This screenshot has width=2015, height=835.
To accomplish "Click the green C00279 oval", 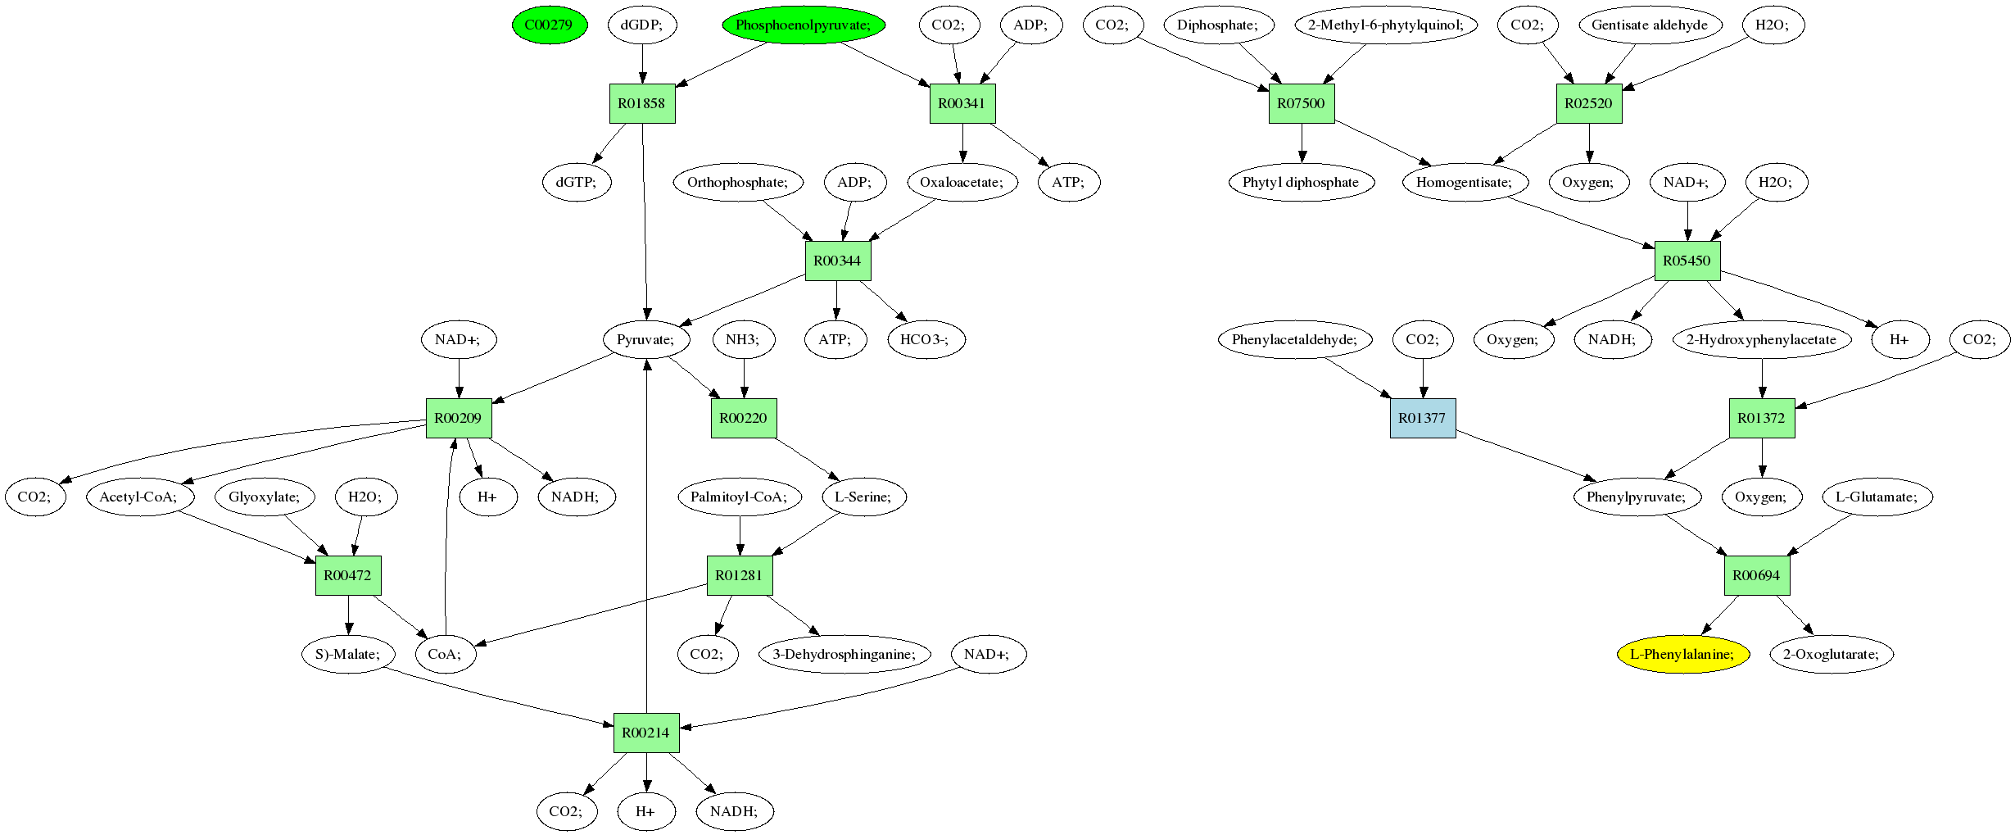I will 549,25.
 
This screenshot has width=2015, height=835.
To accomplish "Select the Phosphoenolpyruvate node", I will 803,25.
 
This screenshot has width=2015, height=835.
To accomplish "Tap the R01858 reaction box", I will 642,103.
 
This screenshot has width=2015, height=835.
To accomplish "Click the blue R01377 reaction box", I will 1422,418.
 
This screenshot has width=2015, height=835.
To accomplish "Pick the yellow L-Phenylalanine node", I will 1682,654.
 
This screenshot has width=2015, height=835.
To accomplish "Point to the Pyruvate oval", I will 645,339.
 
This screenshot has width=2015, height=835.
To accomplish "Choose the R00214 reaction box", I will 645,733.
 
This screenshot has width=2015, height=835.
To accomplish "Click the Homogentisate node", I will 1465,182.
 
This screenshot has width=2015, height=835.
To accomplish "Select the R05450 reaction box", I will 1687,261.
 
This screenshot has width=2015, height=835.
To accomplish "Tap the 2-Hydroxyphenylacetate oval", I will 1761,339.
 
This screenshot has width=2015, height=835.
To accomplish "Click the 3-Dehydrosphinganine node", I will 844,654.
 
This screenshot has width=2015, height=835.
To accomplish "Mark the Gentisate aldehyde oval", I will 1650,25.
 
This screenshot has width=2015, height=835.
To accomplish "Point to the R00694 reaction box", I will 1756,575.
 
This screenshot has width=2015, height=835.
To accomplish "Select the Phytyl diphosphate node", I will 1301,182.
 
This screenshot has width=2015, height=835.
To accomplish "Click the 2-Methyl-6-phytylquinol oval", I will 1386,25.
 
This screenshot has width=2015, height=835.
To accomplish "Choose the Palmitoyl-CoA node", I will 739,497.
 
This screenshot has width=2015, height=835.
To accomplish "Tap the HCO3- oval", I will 926,339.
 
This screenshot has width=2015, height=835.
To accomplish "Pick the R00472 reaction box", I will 348,575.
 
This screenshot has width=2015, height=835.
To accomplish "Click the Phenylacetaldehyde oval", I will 1295,339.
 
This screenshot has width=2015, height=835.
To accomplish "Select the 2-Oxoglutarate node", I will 1832,654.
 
